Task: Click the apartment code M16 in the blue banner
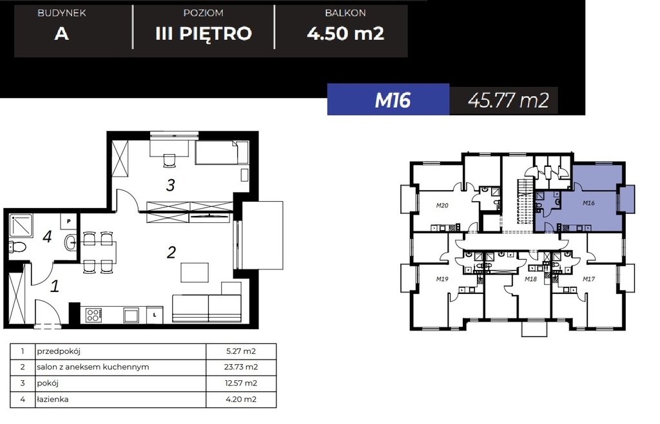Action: click(x=393, y=101)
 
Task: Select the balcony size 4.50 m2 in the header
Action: click(x=345, y=34)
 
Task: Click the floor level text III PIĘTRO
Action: click(x=203, y=34)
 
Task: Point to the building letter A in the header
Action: click(x=61, y=34)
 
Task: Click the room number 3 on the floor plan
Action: click(x=170, y=186)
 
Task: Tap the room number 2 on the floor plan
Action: click(x=171, y=252)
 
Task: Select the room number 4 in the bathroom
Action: click(x=46, y=236)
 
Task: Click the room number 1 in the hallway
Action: click(x=55, y=285)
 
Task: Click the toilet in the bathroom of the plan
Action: click(x=18, y=246)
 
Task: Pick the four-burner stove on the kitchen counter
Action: click(x=93, y=315)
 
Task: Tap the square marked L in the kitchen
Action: click(x=155, y=315)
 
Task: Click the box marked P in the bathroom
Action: click(x=69, y=221)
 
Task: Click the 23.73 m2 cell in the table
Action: click(x=241, y=367)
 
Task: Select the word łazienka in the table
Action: click(x=53, y=400)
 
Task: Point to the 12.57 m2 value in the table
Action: click(x=241, y=383)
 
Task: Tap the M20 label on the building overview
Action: click(x=442, y=206)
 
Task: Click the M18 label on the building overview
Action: click(x=531, y=279)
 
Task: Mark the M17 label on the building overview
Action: click(x=588, y=279)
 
